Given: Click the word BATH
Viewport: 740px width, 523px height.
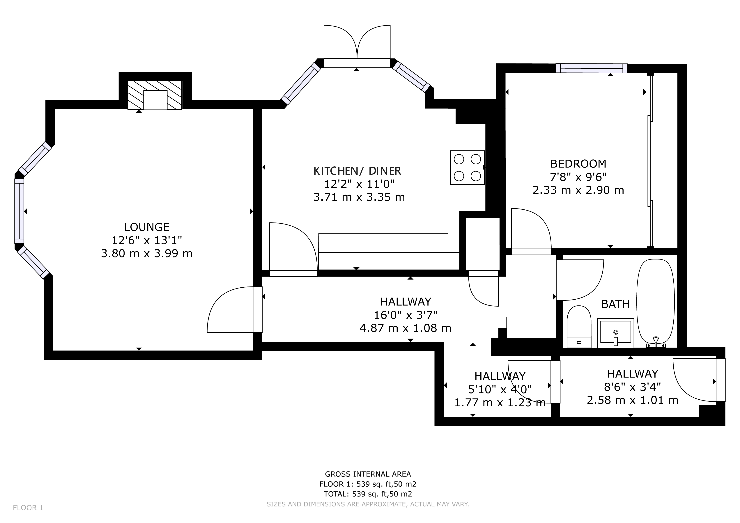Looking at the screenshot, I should pos(615,304).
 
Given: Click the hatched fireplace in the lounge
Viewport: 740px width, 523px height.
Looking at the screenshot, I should pos(155,95).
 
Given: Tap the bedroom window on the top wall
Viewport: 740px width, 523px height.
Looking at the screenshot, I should pos(591,68).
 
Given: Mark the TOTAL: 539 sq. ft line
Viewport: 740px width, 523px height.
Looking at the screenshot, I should pos(368,494).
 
